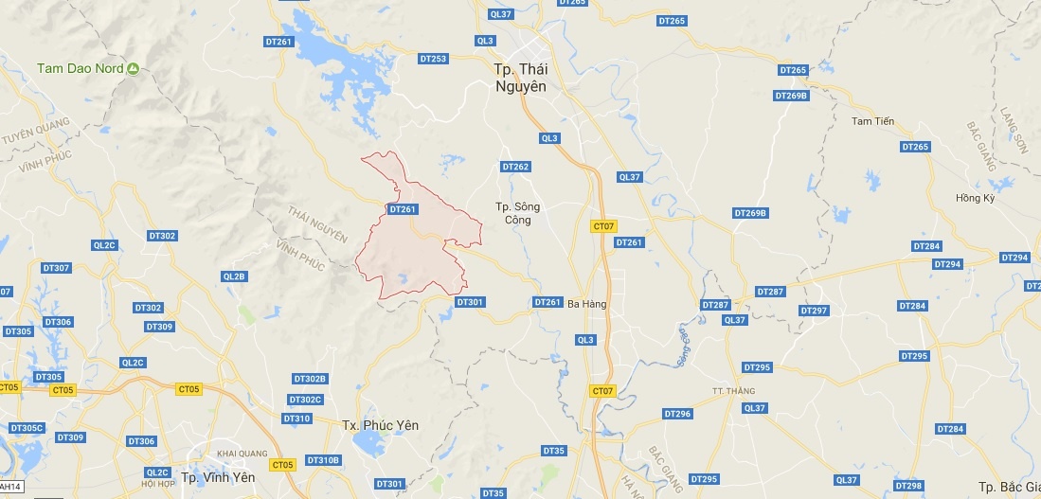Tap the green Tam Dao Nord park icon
pyautogui.click(x=134, y=68)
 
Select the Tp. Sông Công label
pyautogui.click(x=516, y=213)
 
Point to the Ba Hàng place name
pyautogui.click(x=586, y=304)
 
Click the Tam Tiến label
pyautogui.click(x=872, y=121)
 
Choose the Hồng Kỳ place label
pyautogui.click(x=975, y=198)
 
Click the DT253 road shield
pyautogui.click(x=433, y=59)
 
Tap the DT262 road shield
pyautogui.click(x=515, y=167)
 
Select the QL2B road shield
pyautogui.click(x=234, y=276)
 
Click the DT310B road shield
pyautogui.click(x=323, y=460)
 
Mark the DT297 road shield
pyautogui.click(x=814, y=311)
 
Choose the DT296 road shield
pyautogui.click(x=678, y=414)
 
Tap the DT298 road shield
pyautogui.click(x=907, y=486)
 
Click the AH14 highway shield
pyautogui.click(x=10, y=487)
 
